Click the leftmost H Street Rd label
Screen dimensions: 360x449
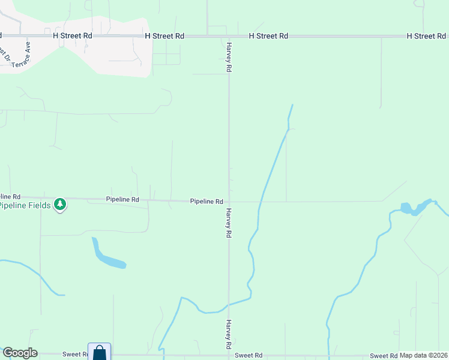pyautogui.click(x=73, y=36)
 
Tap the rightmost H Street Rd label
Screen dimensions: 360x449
pyautogui.click(x=426, y=36)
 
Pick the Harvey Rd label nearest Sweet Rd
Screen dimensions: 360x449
pyautogui.click(x=229, y=335)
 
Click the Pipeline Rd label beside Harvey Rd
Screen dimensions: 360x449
pyautogui.click(x=206, y=202)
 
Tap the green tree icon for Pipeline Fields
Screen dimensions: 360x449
pyautogui.click(x=59, y=205)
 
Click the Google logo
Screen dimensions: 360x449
pyautogui.click(x=20, y=353)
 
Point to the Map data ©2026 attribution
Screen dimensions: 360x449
pyautogui.click(x=424, y=355)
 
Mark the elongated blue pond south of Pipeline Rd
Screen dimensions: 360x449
pyautogui.click(x=107, y=257)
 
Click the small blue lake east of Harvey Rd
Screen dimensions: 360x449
pyautogui.click(x=412, y=208)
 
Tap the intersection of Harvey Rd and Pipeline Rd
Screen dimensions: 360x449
pyautogui.click(x=229, y=202)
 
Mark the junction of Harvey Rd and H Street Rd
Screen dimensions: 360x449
pyautogui.click(x=229, y=37)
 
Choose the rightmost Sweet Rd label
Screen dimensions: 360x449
pyautogui.click(x=384, y=356)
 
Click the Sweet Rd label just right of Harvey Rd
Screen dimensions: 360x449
pyautogui.click(x=249, y=356)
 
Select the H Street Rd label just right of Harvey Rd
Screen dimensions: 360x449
pyautogui.click(x=268, y=36)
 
